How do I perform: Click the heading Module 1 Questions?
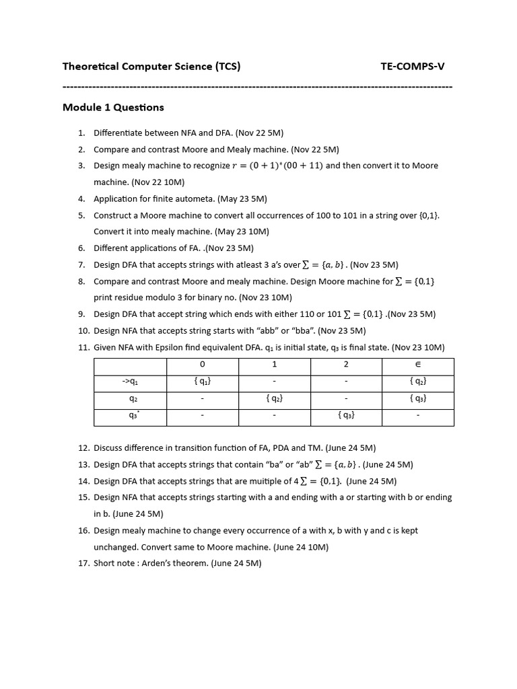coord(113,107)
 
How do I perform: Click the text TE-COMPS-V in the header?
coord(412,66)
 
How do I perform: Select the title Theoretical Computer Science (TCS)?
coord(151,66)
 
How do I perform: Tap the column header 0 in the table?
coord(202,364)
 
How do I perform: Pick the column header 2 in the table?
coord(346,364)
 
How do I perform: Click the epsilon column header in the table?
coord(417,364)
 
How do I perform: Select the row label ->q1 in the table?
coord(130,382)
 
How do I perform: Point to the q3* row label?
coord(132,415)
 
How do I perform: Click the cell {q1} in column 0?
coord(202,382)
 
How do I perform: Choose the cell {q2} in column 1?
coord(274,398)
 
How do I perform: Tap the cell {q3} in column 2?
coord(346,415)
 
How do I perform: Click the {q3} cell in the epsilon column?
coord(417,398)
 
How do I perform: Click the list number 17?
coord(83,563)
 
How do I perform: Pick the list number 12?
coord(83,447)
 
